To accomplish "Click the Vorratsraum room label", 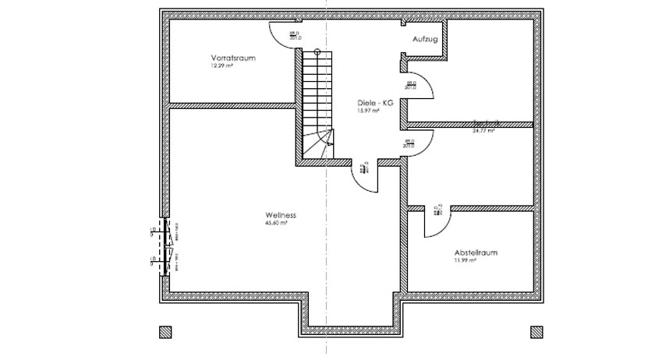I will [233, 58].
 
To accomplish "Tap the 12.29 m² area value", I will [221, 66].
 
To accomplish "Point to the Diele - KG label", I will [374, 103].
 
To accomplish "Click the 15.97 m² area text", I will [369, 111].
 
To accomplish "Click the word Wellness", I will [280, 215].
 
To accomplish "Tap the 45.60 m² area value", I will [277, 224].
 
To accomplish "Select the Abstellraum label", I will [476, 253].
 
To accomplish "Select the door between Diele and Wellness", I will [365, 175].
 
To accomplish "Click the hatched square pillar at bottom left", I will [165, 332].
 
